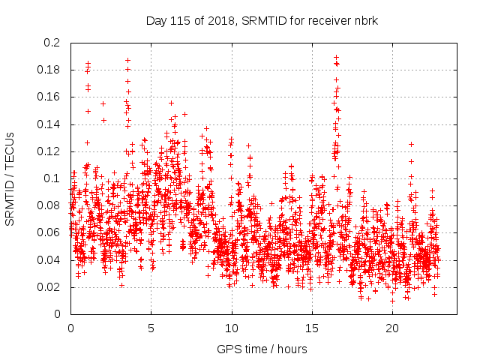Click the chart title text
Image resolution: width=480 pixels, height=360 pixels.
pyautogui.click(x=261, y=20)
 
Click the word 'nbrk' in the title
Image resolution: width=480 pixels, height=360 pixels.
pyautogui.click(x=364, y=20)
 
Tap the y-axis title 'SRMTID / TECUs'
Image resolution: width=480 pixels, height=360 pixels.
pyautogui.click(x=10, y=178)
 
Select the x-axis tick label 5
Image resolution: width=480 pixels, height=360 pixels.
pyautogui.click(x=151, y=328)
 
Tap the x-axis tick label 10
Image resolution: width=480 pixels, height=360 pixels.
pyautogui.click(x=231, y=328)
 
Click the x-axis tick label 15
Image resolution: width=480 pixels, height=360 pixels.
pyautogui.click(x=311, y=328)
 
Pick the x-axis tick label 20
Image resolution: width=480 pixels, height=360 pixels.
pyautogui.click(x=391, y=328)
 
